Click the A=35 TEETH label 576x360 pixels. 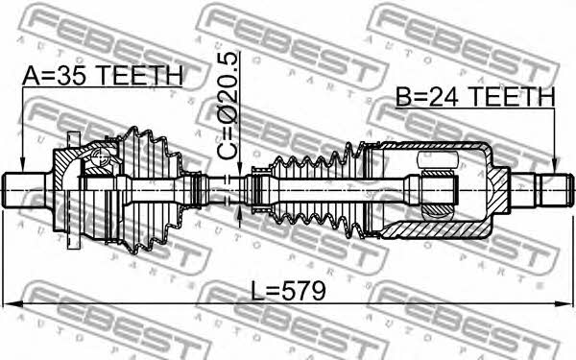coord(103,76)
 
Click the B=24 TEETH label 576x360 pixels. coord(475,97)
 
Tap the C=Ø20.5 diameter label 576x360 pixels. coord(227,106)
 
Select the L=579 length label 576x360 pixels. coord(288,291)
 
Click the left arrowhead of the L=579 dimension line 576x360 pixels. coord(11,304)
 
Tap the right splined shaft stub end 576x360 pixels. coord(555,190)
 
